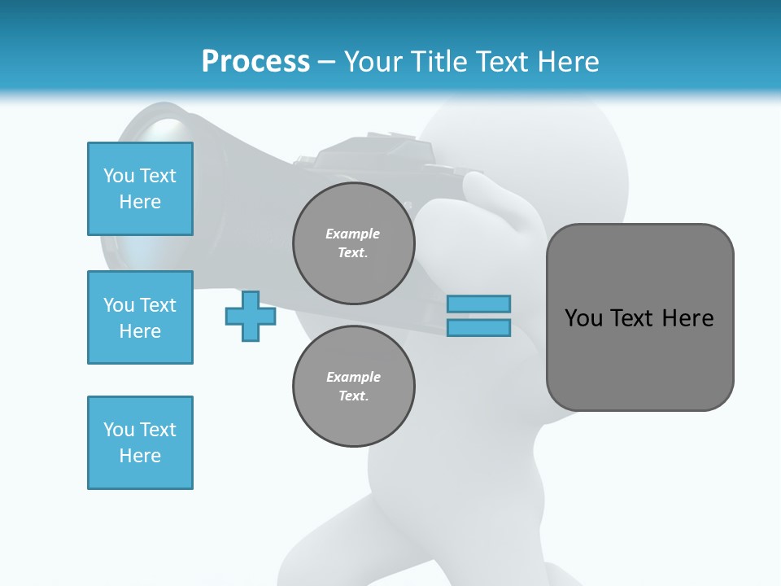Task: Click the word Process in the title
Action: pyautogui.click(x=255, y=62)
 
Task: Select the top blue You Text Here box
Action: pyautogui.click(x=140, y=189)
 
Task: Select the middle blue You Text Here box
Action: pyautogui.click(x=140, y=317)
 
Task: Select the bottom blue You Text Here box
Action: pyautogui.click(x=140, y=443)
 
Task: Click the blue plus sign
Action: pyautogui.click(x=250, y=317)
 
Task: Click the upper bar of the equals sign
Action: pyautogui.click(x=479, y=304)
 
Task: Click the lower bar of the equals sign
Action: pyautogui.click(x=479, y=327)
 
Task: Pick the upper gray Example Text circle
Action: pyautogui.click(x=353, y=243)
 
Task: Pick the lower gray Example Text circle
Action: pyautogui.click(x=353, y=386)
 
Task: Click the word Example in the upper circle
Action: pyautogui.click(x=353, y=234)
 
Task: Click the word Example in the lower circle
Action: pyautogui.click(x=353, y=377)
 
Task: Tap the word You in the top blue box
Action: pyautogui.click(x=119, y=176)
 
